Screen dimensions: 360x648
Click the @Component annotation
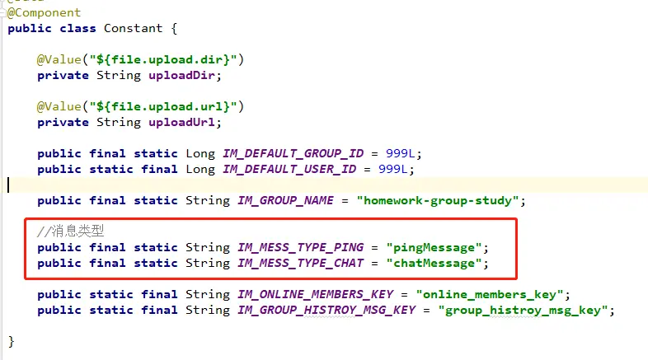(x=45, y=13)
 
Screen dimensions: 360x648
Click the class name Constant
(x=133, y=28)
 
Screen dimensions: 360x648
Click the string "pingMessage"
(x=432, y=247)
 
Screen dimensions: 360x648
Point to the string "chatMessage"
(x=432, y=263)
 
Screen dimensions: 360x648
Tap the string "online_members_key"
(x=490, y=294)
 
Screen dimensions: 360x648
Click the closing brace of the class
(x=11, y=341)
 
